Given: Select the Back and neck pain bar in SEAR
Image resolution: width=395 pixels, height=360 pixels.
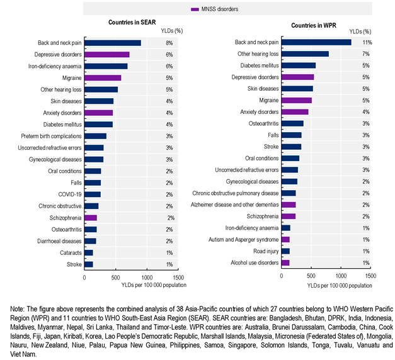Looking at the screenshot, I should (113, 43).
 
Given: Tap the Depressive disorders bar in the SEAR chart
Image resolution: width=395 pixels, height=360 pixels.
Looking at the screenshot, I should (107, 54).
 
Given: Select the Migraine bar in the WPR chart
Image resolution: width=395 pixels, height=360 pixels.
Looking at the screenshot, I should (297, 100).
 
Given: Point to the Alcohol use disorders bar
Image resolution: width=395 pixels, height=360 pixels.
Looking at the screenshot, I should (285, 262).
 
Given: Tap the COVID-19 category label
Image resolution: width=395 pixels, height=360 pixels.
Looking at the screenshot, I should (69, 194).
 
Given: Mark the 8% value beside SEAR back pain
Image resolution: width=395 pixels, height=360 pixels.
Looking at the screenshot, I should (169, 43).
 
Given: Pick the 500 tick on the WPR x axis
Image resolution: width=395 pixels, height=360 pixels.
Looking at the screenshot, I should (311, 275).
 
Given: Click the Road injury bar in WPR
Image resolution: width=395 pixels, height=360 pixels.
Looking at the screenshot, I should (285, 251).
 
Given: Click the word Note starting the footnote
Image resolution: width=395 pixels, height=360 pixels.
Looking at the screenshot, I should (20, 309).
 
